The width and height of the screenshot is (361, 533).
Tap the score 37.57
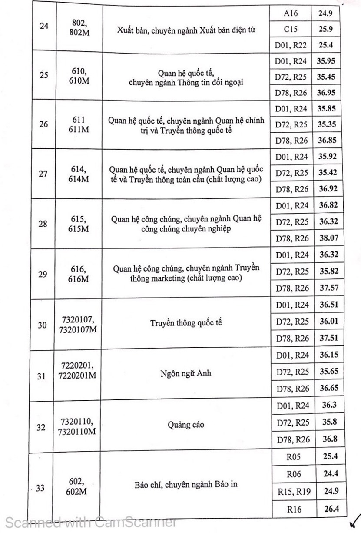(x=327, y=288)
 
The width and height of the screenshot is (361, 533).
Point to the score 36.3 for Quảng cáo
(x=327, y=406)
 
